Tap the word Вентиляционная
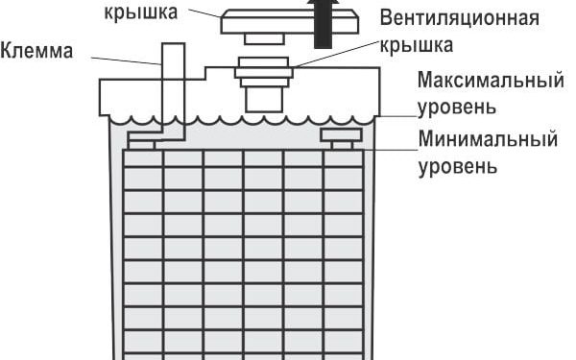point(458,19)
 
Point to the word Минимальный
point(488,140)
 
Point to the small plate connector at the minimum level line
point(341,135)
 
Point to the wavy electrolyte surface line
point(240,119)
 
